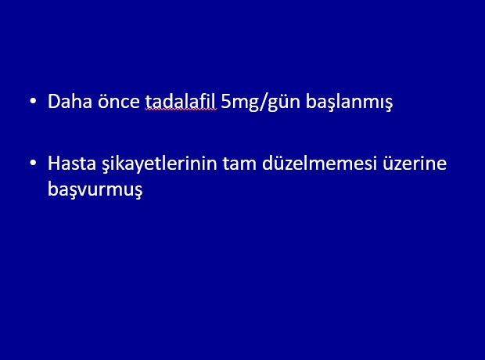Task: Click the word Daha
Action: (70, 101)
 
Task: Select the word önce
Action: (119, 101)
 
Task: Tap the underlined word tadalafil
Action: (181, 101)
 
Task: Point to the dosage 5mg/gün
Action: (260, 103)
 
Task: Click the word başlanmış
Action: (349, 103)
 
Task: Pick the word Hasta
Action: (72, 163)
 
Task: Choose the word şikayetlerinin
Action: (160, 164)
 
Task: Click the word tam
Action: (239, 164)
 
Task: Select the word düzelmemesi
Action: (319, 163)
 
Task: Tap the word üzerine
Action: (415, 163)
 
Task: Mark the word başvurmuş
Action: (95, 189)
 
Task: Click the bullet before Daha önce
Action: (33, 101)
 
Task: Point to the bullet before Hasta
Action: (33, 163)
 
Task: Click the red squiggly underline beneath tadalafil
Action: (181, 110)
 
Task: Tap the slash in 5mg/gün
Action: (263, 102)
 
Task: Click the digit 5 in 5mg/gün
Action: (226, 102)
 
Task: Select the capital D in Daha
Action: (54, 102)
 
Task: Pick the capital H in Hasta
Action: (54, 164)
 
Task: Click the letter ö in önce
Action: (103, 102)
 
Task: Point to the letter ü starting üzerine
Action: (388, 164)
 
